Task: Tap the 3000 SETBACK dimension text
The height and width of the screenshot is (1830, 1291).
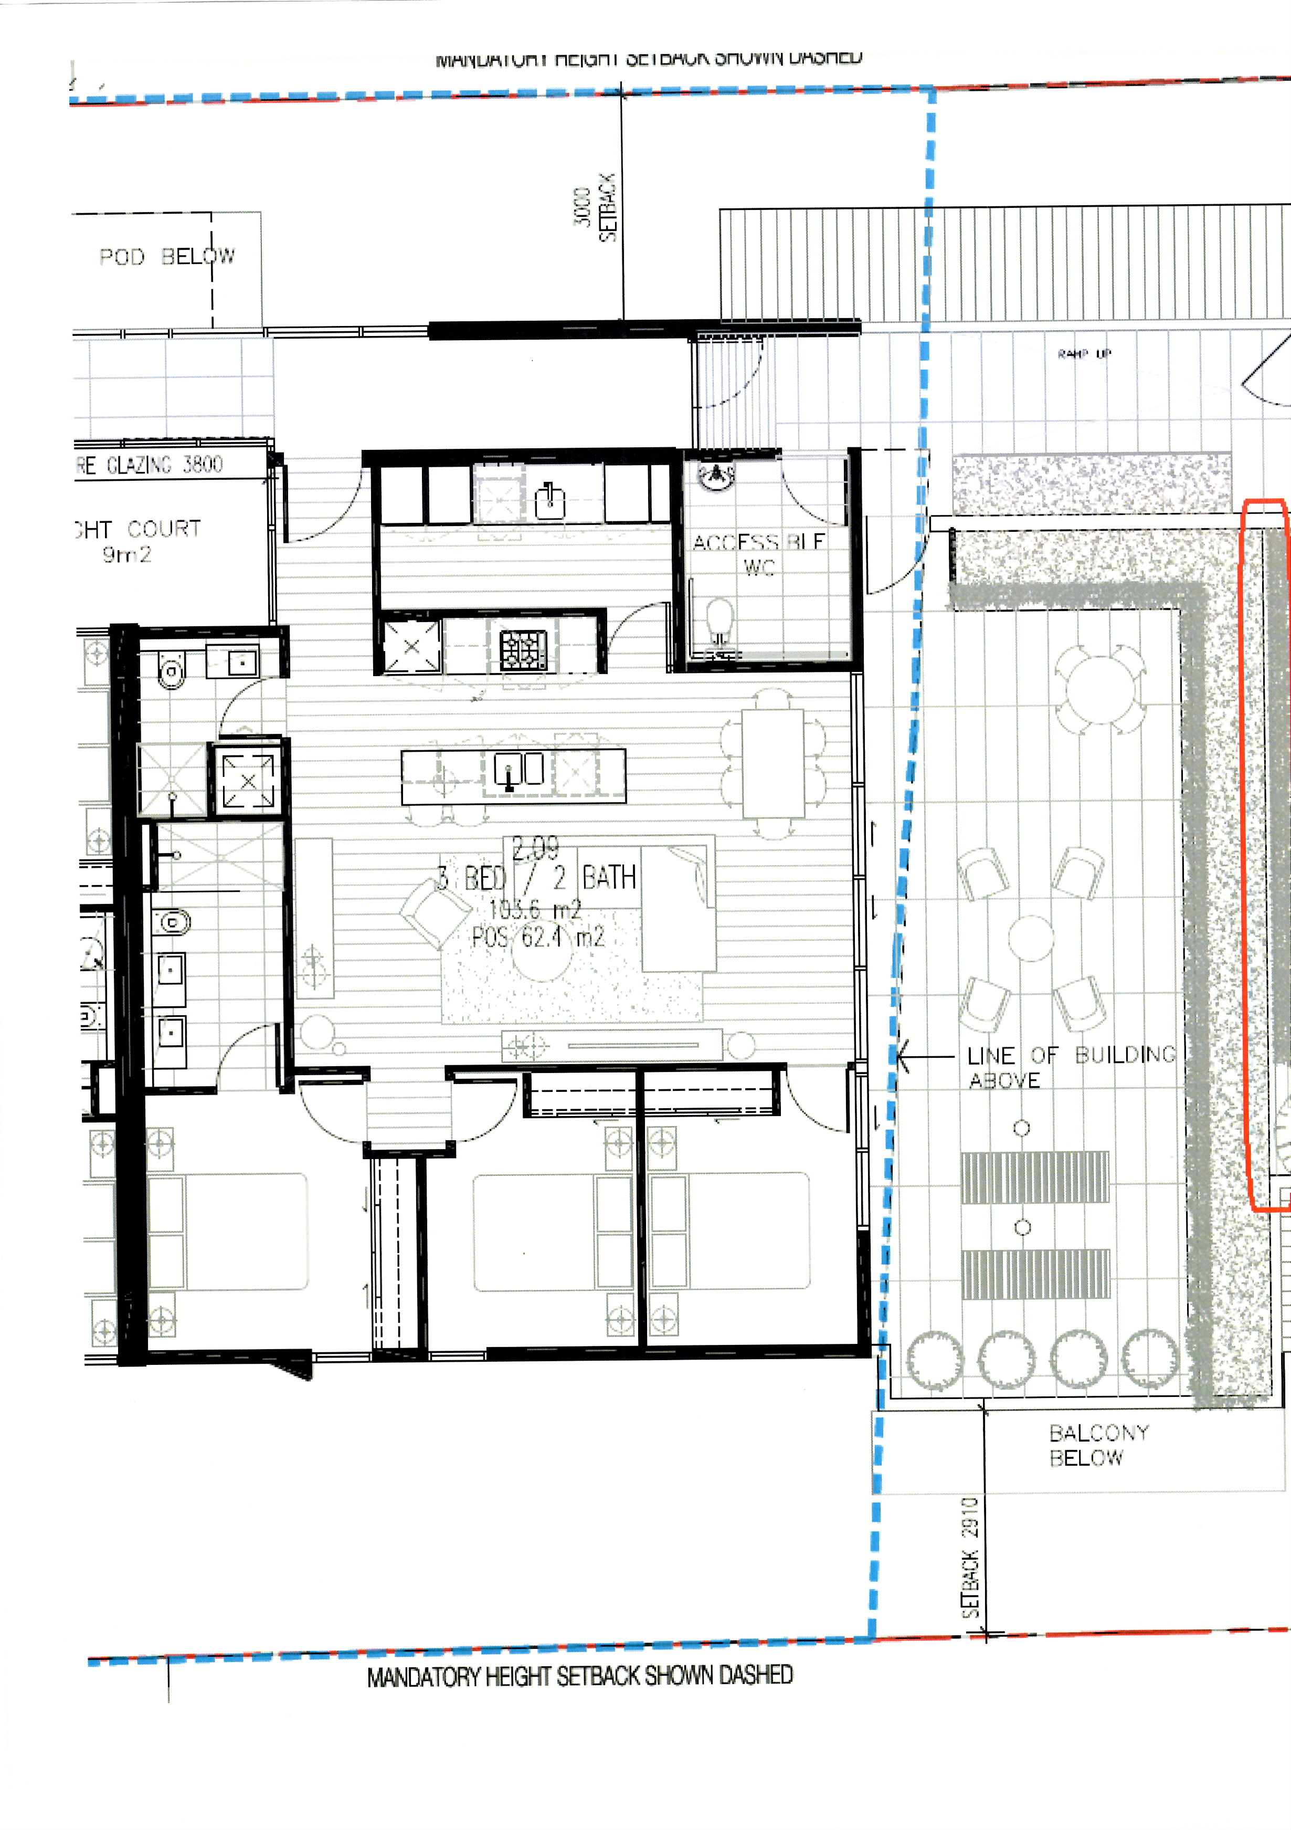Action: tap(595, 207)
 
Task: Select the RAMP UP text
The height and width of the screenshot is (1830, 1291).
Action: tap(1084, 354)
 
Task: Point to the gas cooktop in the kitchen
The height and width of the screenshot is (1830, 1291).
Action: tap(523, 649)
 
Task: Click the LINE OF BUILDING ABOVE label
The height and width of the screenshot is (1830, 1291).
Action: tap(1070, 1067)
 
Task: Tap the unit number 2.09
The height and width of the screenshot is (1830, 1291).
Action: tap(535, 848)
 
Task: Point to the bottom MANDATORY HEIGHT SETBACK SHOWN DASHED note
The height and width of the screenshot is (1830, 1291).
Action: tap(579, 1676)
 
